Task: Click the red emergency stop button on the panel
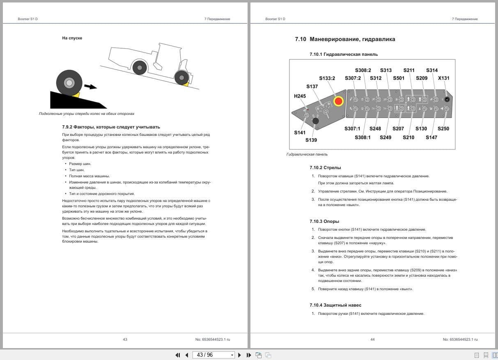point(338,101)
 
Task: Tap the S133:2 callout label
point(327,78)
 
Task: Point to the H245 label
point(300,96)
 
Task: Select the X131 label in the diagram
point(443,78)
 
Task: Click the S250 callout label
point(443,128)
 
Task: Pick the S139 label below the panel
point(311,140)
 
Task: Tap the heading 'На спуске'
point(72,38)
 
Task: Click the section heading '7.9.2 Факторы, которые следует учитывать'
point(111,127)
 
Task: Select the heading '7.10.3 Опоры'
point(324,221)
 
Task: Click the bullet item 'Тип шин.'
point(77,170)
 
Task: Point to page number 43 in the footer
point(125,339)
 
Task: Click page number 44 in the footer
point(372,339)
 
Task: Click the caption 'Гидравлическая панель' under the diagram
point(307,154)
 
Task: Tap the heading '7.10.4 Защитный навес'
point(335,305)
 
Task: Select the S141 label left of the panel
point(300,133)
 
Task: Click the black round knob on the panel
point(316,121)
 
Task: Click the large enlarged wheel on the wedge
point(69,83)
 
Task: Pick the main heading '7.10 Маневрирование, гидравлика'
point(345,39)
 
